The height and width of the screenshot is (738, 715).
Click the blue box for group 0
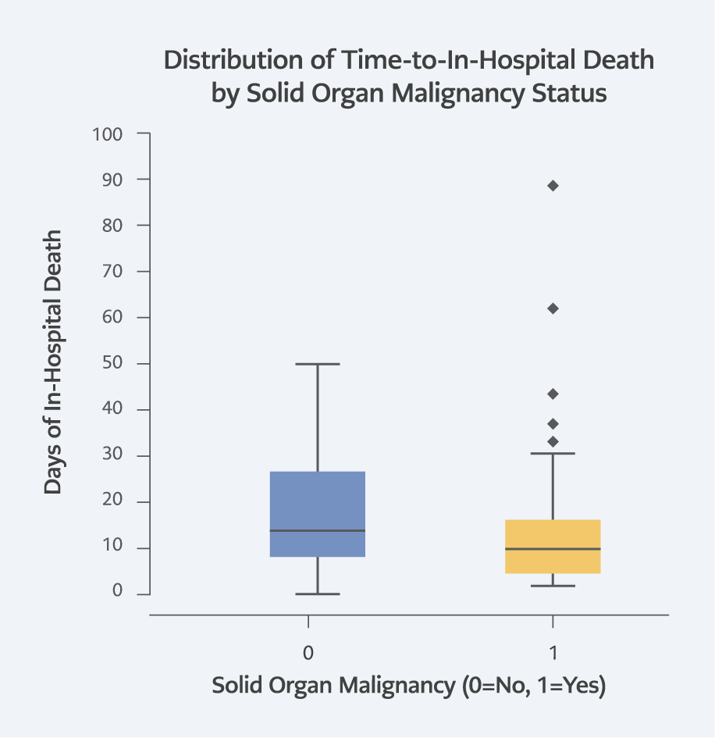coord(318,500)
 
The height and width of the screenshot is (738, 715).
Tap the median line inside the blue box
coord(318,530)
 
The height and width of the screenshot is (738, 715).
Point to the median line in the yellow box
coord(553,549)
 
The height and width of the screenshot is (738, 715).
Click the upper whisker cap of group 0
coord(318,364)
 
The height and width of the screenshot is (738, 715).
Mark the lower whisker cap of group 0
coord(318,594)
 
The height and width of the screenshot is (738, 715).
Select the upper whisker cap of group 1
coord(553,453)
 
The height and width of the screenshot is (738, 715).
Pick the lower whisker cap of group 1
coord(553,586)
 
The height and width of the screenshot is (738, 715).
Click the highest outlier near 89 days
coord(553,186)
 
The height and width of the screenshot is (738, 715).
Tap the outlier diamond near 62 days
coord(553,308)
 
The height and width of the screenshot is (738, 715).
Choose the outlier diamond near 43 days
coord(553,394)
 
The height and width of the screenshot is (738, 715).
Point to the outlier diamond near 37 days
coord(553,424)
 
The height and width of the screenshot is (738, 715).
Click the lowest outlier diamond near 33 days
coord(553,441)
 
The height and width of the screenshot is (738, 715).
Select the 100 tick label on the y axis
coord(107,134)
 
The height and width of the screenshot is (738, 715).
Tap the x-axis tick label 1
coord(553,651)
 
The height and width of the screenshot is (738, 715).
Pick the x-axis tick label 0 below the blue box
coord(309,651)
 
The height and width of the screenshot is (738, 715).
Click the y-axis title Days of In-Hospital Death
coord(53,362)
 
